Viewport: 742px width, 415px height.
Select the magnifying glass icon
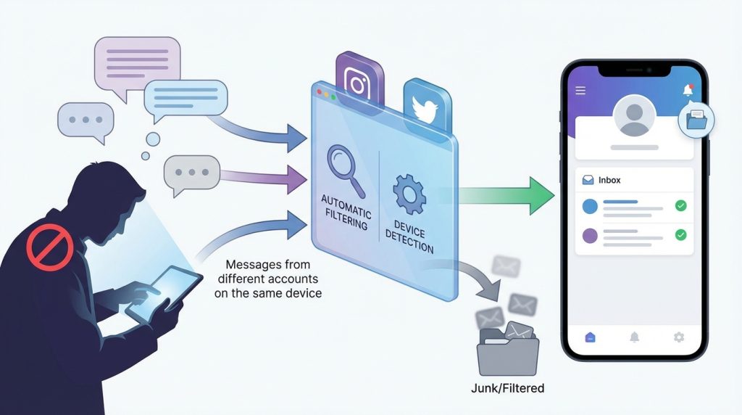click(345, 168)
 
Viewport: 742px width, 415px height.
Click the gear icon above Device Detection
click(408, 193)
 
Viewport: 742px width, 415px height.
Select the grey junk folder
click(507, 352)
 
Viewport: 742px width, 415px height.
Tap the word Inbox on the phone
click(609, 180)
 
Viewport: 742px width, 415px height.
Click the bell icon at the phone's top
click(687, 90)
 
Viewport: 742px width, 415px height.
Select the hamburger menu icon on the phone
click(580, 90)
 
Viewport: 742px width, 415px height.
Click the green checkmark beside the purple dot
click(680, 235)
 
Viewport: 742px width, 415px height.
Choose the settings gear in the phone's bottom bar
click(679, 337)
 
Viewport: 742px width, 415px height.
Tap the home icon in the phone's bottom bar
click(590, 337)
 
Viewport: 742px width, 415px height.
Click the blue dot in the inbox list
click(590, 206)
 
